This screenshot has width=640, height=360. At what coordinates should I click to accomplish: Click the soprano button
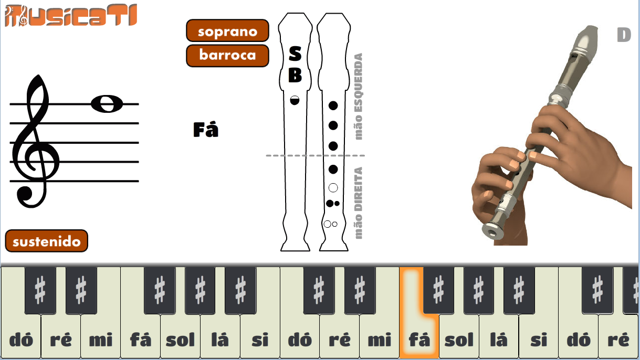pyautogui.click(x=227, y=30)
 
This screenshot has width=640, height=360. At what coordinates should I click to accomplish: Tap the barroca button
pyautogui.click(x=227, y=56)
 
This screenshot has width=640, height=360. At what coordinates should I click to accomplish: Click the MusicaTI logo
pyautogui.click(x=71, y=15)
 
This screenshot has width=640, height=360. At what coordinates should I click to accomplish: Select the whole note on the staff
pyautogui.click(x=107, y=103)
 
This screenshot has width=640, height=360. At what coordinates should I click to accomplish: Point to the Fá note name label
pyautogui.click(x=206, y=130)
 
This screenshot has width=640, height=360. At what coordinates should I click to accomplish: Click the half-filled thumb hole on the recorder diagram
pyautogui.click(x=295, y=100)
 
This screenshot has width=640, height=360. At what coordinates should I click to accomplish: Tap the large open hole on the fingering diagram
pyautogui.click(x=333, y=187)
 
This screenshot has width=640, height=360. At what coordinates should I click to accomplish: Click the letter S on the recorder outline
pyautogui.click(x=295, y=54)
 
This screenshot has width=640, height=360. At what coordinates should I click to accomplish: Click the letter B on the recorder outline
pyautogui.click(x=295, y=75)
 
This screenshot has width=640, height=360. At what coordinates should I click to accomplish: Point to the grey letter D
pyautogui.click(x=624, y=35)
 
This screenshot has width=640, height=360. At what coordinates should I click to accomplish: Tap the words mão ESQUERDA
pyautogui.click(x=358, y=97)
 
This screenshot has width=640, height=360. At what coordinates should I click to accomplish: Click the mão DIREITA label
pyautogui.click(x=358, y=203)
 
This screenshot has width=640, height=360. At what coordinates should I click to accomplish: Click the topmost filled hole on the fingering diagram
pyautogui.click(x=333, y=105)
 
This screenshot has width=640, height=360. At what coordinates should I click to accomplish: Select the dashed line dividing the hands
pyautogui.click(x=316, y=155)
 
